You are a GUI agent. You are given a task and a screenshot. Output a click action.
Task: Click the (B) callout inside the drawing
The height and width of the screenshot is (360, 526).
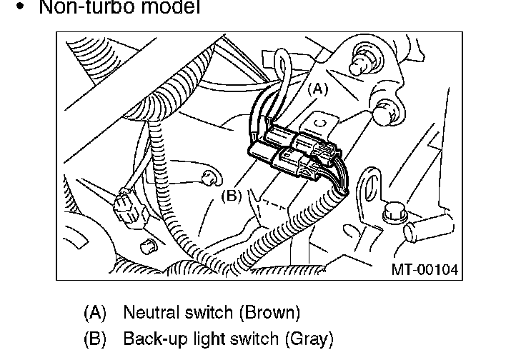pyautogui.click(x=231, y=195)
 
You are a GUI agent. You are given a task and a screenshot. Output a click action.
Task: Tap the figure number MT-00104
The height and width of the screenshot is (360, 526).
pyautogui.click(x=424, y=269)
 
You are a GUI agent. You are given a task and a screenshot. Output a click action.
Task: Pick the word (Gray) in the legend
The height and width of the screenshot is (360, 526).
pyautogui.click(x=308, y=338)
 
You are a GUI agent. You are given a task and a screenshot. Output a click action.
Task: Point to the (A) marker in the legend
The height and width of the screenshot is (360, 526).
pyautogui.click(x=95, y=313)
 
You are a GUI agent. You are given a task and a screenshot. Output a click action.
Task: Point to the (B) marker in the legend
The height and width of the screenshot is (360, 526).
pyautogui.click(x=95, y=338)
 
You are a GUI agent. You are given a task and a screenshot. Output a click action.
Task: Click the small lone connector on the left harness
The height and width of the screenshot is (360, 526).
pyautogui.click(x=129, y=206)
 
